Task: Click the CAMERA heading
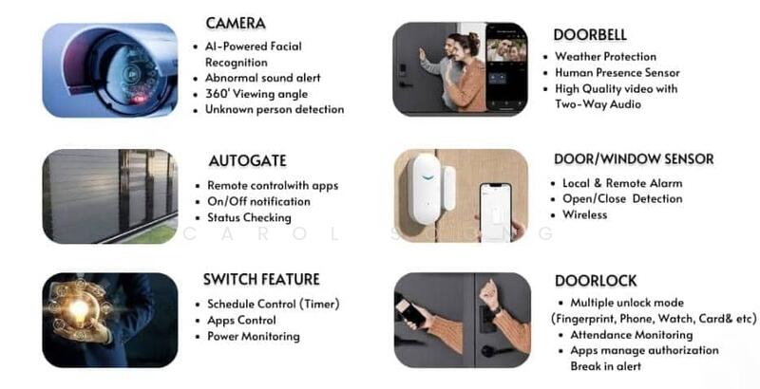tap(236, 23)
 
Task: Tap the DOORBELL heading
tap(590, 35)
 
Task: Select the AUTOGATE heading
tap(248, 160)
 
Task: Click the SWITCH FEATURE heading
tap(261, 279)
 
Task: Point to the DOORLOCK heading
tap(596, 281)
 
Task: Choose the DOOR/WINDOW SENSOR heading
tap(634, 159)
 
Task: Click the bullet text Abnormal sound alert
tap(263, 78)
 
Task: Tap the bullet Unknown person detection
tap(275, 109)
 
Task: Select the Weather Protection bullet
tap(605, 57)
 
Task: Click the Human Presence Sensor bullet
tap(617, 72)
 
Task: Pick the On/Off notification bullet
tap(258, 202)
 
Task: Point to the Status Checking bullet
tap(249, 217)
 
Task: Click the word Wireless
tap(584, 214)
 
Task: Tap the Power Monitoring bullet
tap(254, 336)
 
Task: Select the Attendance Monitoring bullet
tap(631, 335)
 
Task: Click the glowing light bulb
tap(80, 308)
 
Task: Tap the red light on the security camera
tap(140, 99)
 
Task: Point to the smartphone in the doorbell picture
tap(506, 68)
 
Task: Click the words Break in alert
tap(605, 366)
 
